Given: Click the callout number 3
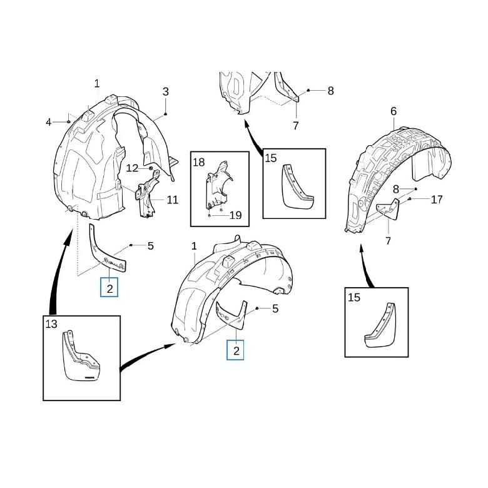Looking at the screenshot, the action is point(166,91).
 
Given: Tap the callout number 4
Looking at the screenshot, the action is point(48,122).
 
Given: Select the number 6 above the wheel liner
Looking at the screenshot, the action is point(394,111).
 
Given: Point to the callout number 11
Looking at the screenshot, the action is point(173,200).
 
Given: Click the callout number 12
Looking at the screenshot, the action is point(132,168).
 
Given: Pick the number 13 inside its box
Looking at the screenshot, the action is point(51,324).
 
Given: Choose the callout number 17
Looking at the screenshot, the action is point(436,200).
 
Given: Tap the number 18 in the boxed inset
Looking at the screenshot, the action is point(199,162).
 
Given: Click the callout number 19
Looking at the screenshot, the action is point(235,215).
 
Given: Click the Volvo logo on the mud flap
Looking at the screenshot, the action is point(89,378).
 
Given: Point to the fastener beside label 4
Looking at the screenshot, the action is point(68,121).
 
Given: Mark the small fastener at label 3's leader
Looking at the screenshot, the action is point(166,114).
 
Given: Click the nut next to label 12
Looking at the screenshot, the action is point(151,168).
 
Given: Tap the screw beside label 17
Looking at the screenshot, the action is point(410,199).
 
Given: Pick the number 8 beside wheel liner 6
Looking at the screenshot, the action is point(396,189).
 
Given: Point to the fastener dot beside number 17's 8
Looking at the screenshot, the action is point(415,189).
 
